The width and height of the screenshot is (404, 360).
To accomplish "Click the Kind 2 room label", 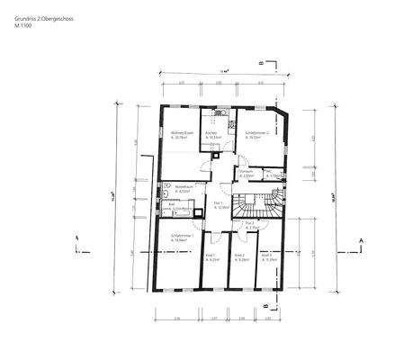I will [240, 256].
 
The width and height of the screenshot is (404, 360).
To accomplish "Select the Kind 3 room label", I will [267, 256].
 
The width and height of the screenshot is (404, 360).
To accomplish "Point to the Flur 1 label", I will [219, 205].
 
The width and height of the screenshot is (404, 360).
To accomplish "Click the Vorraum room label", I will [247, 174].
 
